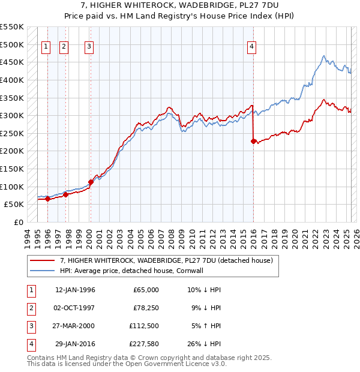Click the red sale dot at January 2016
[253, 141]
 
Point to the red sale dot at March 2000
[91, 182]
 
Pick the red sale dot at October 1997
[65, 194]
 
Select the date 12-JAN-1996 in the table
[75, 290]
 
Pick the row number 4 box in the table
[31, 344]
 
